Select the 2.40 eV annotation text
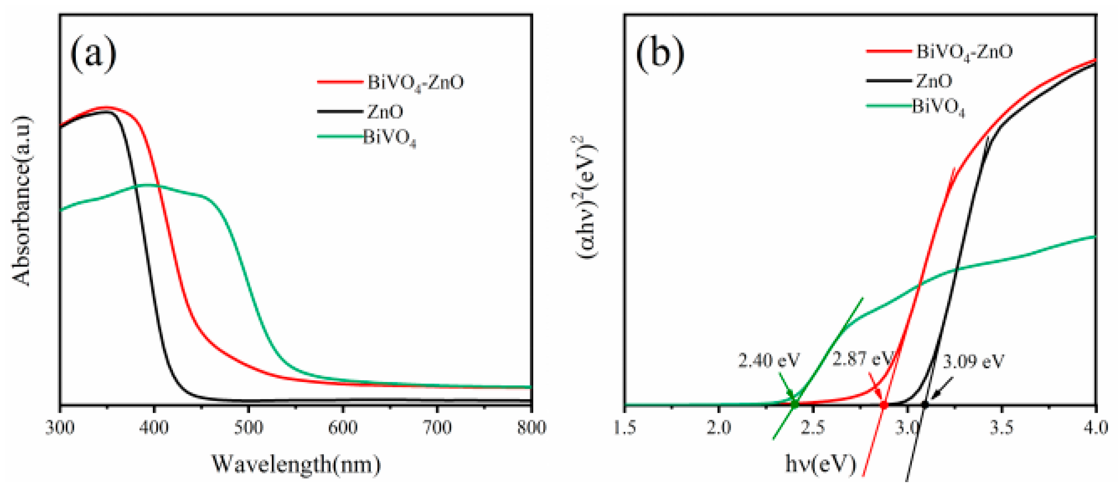pyautogui.click(x=769, y=361)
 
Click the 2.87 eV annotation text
pyautogui.click(x=861, y=359)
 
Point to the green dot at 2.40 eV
pyautogui.click(x=795, y=404)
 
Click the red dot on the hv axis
pyautogui.click(x=884, y=405)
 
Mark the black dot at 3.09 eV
pyautogui.click(x=925, y=405)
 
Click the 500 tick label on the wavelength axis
pyautogui.click(x=249, y=428)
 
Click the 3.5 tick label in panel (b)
pyautogui.click(x=1002, y=428)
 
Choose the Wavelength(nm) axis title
pyautogui.click(x=296, y=464)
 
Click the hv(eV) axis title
pyautogui.click(x=820, y=464)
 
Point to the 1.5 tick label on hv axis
pyautogui.click(x=626, y=428)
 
